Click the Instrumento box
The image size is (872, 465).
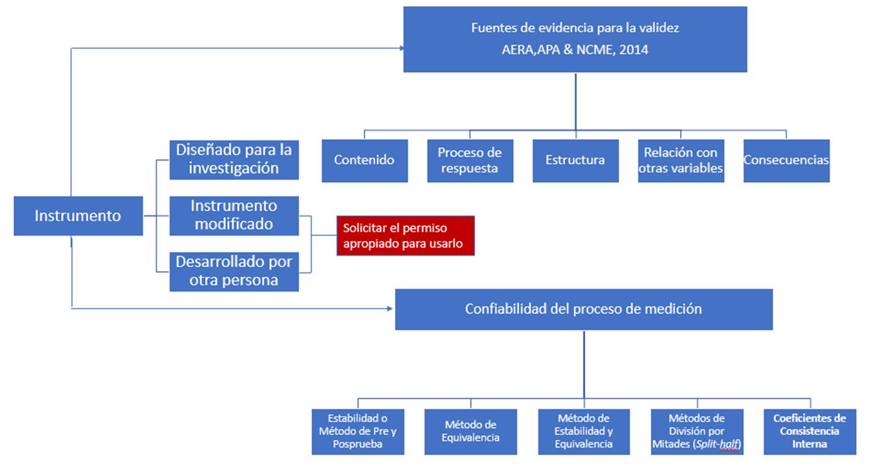pyautogui.click(x=78, y=216)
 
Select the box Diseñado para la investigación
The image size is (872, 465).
pyautogui.click(x=234, y=159)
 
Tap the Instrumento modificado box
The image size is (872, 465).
pyautogui.click(x=234, y=216)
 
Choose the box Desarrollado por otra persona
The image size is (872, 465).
pyautogui.click(x=234, y=271)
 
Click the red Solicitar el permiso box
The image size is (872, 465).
pyautogui.click(x=405, y=236)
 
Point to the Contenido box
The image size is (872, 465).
pyautogui.click(x=365, y=161)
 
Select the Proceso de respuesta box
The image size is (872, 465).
pyautogui.click(x=470, y=161)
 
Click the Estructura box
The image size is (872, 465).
pyautogui.click(x=576, y=161)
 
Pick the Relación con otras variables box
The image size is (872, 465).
pyautogui.click(x=681, y=161)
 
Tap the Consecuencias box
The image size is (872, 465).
pyautogui.click(x=787, y=161)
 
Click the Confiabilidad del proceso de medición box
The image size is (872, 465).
pyautogui.click(x=584, y=309)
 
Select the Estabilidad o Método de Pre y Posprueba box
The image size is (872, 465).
pyautogui.click(x=358, y=431)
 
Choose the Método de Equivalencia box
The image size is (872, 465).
pyautogui.click(x=470, y=431)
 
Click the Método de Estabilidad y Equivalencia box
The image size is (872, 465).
pyautogui.click(x=584, y=431)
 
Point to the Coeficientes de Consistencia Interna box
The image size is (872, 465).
pyautogui.click(x=810, y=431)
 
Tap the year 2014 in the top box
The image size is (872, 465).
pyautogui.click(x=633, y=50)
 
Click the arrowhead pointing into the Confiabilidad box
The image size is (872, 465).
pyautogui.click(x=389, y=309)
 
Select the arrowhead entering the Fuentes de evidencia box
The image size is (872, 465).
pyautogui.click(x=402, y=48)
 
